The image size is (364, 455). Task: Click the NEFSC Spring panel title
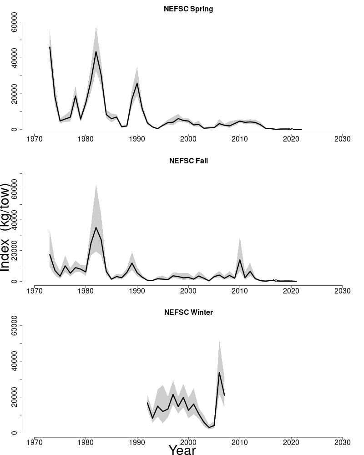(188, 9)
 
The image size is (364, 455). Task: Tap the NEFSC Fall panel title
(188, 161)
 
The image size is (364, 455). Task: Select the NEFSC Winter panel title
(188, 312)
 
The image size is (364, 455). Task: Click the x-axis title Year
(182, 450)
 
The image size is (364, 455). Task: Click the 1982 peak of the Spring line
(96, 51)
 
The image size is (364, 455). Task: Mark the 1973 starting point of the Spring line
(50, 47)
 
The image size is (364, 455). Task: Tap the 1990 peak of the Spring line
(137, 83)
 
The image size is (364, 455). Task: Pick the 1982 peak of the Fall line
(96, 227)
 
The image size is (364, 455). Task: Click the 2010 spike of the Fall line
(240, 260)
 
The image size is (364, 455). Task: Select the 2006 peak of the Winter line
(219, 373)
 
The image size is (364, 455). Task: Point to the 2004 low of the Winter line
(209, 428)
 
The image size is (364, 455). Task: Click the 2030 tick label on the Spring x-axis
(342, 139)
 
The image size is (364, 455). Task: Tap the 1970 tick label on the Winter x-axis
(35, 442)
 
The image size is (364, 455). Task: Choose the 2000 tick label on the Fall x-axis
(188, 290)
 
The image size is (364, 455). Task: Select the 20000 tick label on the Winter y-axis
(15, 397)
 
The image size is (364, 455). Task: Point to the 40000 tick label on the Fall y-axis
(15, 220)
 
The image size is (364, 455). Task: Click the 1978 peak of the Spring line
(76, 96)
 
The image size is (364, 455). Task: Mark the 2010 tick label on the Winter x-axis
(240, 442)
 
